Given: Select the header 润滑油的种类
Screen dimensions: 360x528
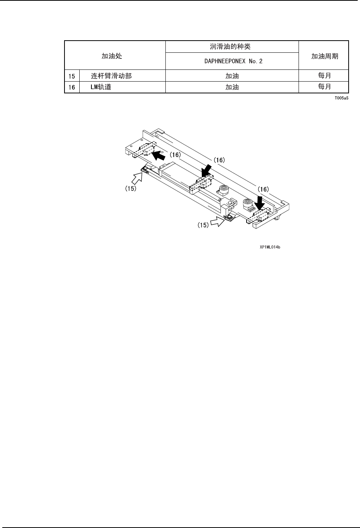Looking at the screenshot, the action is [x=232, y=47].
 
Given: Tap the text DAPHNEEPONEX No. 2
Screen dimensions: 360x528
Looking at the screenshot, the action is [x=232, y=61].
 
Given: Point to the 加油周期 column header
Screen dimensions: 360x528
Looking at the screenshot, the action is [x=324, y=56].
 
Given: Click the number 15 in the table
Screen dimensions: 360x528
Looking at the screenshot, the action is [x=72, y=76].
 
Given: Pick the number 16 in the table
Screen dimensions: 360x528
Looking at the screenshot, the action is [x=72, y=87].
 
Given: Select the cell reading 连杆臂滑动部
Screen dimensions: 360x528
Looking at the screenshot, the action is [x=111, y=76].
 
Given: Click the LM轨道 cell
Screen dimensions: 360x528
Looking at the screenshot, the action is [x=101, y=87].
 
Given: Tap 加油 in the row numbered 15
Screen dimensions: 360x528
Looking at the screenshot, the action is [x=232, y=76].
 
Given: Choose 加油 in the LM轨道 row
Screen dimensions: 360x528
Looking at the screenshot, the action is [x=232, y=87].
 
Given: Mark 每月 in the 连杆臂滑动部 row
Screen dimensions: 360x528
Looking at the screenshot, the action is [x=324, y=76].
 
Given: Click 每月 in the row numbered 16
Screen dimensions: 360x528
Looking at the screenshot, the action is [x=324, y=87].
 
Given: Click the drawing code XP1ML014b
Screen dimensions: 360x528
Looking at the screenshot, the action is [x=270, y=247].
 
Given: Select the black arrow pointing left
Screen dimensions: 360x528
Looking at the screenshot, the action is [x=159, y=154].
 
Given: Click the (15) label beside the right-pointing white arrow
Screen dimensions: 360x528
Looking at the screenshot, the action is [x=203, y=225].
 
